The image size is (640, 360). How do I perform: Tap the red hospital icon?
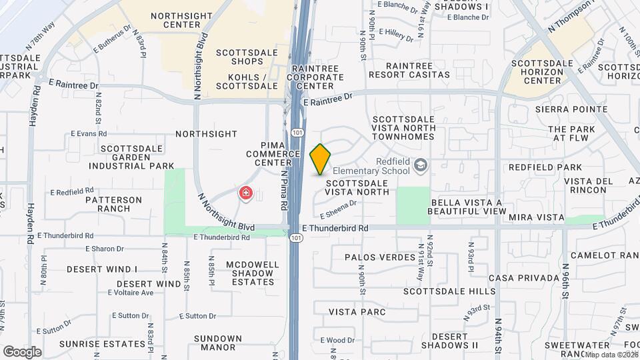[246, 193]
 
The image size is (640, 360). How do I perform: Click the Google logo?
[22, 351]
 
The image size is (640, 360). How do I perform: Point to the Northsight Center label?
[175, 20]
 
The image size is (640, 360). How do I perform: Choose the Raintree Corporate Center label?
[315, 77]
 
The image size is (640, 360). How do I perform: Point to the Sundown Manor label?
[218, 343]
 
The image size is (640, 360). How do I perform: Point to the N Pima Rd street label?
[283, 190]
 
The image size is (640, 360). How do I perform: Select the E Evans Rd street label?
[89, 134]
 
